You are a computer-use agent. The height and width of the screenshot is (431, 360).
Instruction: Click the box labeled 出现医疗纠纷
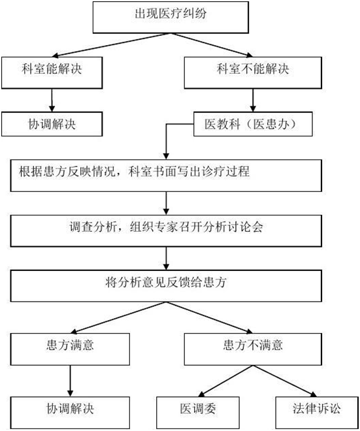click(x=171, y=18)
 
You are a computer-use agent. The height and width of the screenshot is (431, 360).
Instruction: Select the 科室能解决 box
click(x=52, y=73)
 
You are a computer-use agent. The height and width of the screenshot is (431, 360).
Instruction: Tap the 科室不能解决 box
click(x=253, y=73)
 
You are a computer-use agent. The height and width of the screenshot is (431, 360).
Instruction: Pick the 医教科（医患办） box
click(x=253, y=124)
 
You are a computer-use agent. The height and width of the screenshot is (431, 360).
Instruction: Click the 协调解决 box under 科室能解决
click(x=52, y=124)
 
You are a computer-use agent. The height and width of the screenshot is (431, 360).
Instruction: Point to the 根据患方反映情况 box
click(x=166, y=176)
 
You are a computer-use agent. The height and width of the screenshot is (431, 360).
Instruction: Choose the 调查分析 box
click(x=166, y=231)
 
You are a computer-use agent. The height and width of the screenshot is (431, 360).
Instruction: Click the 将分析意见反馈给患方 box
click(x=166, y=286)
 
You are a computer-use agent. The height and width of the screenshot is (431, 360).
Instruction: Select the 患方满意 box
click(x=70, y=349)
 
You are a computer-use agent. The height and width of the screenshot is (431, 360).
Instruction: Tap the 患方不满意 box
click(x=253, y=349)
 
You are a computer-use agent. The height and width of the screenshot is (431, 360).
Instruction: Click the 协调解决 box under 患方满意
click(x=70, y=413)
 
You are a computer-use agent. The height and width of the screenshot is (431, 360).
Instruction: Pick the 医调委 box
click(x=198, y=413)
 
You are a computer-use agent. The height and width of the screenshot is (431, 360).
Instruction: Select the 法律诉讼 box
click(x=317, y=413)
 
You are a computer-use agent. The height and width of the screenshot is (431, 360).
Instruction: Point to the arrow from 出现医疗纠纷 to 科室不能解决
click(x=212, y=45)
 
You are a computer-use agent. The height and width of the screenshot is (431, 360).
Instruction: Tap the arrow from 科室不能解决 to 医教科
click(x=253, y=101)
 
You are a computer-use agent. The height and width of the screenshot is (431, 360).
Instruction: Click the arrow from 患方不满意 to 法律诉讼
click(x=285, y=381)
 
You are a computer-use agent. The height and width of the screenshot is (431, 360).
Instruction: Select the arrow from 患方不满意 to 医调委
click(x=225, y=381)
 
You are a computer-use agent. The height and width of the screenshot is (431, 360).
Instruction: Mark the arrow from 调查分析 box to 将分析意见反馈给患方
click(x=166, y=259)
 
